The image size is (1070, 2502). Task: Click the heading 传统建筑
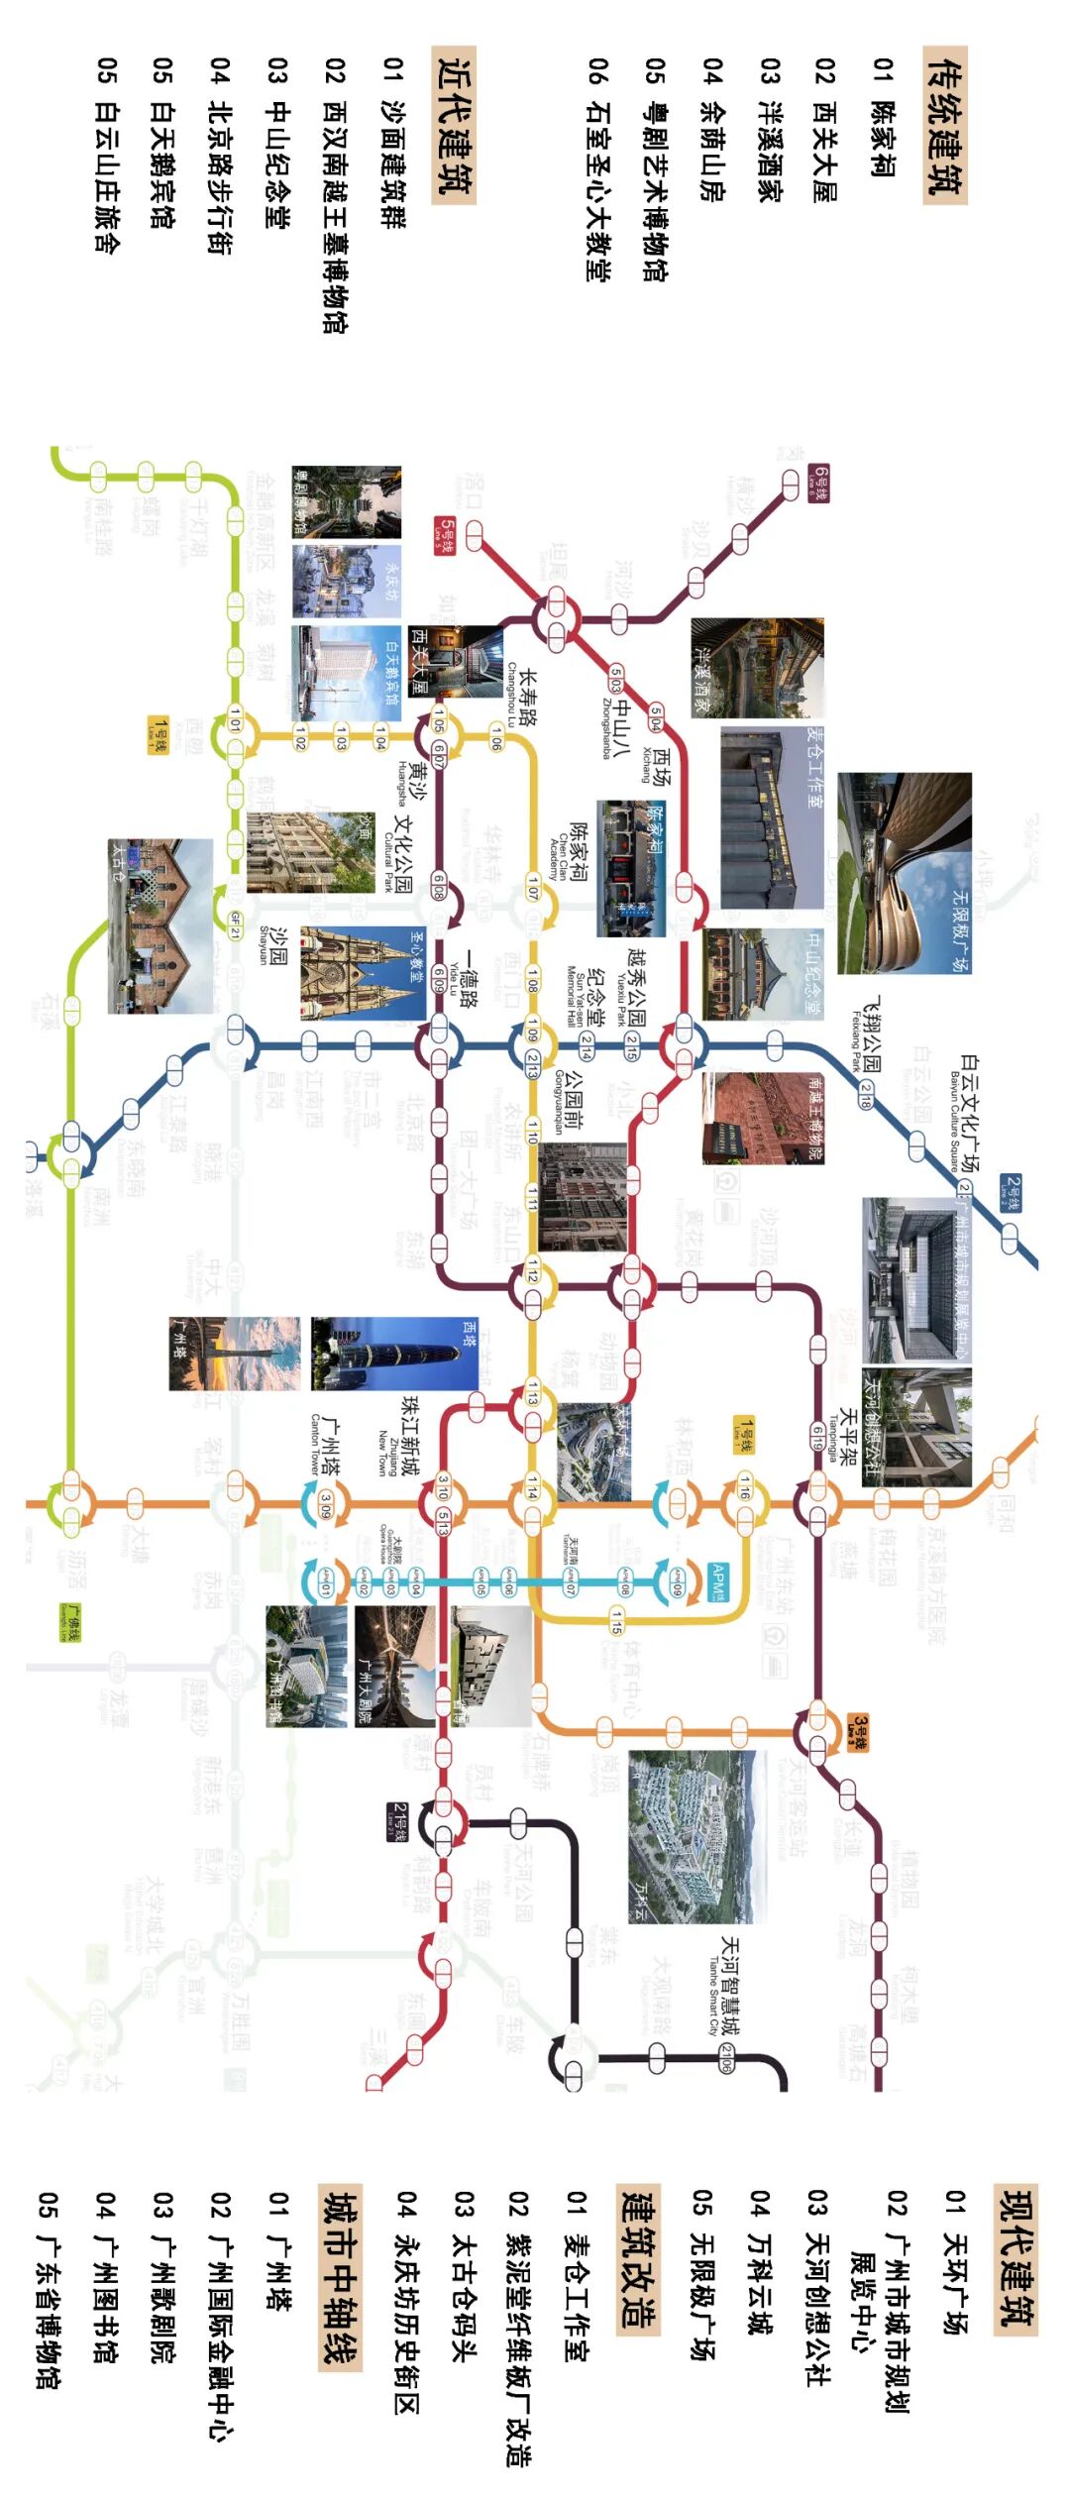click(944, 125)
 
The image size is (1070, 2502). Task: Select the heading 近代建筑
click(454, 125)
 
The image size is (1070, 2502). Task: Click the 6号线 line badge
click(818, 483)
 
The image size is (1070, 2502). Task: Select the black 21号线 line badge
click(397, 1821)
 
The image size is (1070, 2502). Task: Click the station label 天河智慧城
click(729, 1985)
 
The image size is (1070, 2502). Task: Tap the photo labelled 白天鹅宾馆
click(346, 673)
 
